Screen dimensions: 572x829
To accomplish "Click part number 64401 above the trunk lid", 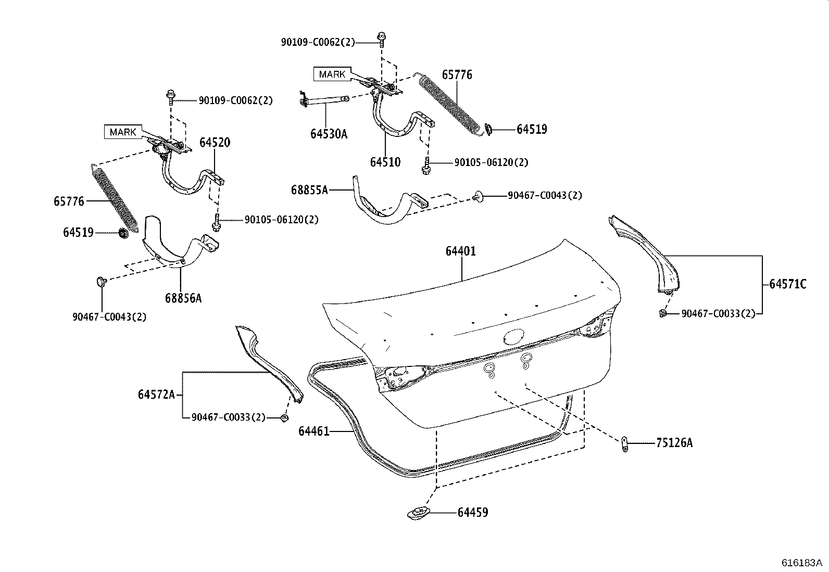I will [460, 251].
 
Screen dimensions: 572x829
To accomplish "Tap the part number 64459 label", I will [473, 513].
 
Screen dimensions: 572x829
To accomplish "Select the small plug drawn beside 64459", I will [419, 513].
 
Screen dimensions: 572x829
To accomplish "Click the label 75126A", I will [674, 443].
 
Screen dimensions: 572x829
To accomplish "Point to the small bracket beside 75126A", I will [625, 444].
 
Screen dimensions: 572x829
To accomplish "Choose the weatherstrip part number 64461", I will [313, 431].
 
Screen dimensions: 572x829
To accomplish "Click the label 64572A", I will [156, 395].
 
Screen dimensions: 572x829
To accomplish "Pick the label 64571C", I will [787, 284].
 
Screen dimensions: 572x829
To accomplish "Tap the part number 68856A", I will [183, 298].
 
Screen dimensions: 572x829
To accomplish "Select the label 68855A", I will [309, 190].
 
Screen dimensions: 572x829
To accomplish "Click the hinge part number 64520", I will [215, 143].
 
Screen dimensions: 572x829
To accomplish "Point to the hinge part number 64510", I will [385, 162].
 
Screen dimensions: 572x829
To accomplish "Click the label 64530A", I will [329, 134].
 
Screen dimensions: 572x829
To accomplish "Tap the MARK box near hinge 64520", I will [123, 132].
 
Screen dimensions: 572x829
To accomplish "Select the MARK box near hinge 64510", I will [332, 74].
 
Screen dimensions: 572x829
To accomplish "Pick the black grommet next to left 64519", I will [123, 233].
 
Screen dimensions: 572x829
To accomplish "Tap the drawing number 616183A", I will [801, 563].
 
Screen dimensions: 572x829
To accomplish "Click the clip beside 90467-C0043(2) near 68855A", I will [478, 196].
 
